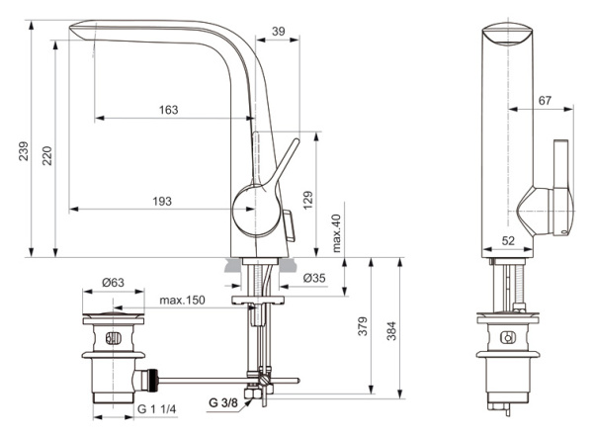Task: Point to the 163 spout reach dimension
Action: coord(168,110)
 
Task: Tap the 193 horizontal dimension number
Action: coord(162,201)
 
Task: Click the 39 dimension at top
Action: coord(278,33)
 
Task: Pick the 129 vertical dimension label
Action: coord(307,200)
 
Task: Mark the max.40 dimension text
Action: coord(336,234)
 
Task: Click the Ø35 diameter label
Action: coord(313,277)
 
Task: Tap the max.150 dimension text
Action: coord(183,300)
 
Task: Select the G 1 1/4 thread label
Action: coord(156,408)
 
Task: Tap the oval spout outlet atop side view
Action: coord(508,37)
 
